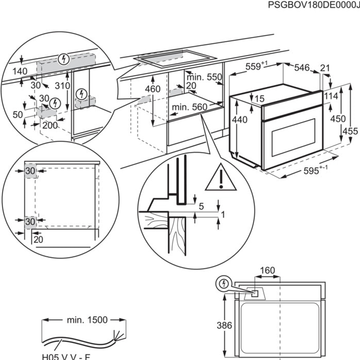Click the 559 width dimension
point(253,67)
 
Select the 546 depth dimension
point(302,68)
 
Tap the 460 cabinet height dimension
point(153,89)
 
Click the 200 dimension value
point(49,126)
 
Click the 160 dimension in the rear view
point(267,271)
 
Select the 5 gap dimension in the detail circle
point(201,207)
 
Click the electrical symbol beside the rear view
point(224,283)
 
